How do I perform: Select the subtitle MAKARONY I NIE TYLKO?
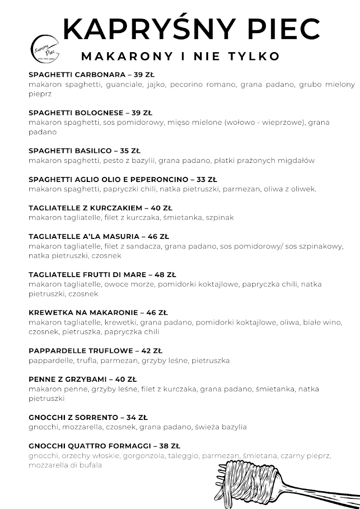click(x=180, y=56)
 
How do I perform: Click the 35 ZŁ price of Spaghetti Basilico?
click(x=130, y=151)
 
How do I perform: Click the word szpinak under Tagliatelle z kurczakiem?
click(x=220, y=218)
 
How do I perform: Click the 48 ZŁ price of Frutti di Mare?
click(x=166, y=274)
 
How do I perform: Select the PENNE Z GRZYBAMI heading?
click(x=68, y=379)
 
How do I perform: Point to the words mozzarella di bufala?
click(x=65, y=465)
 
